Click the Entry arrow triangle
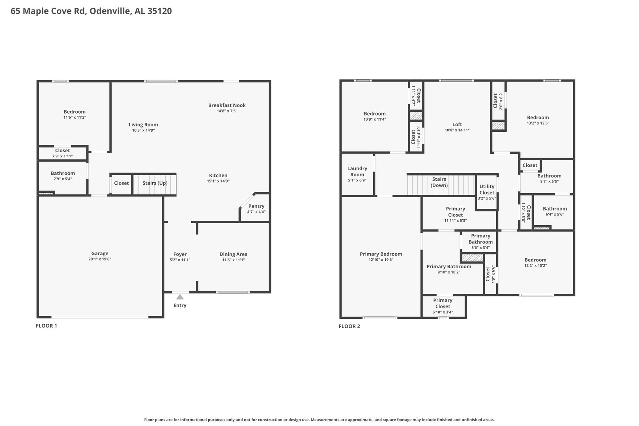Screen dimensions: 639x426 click(180, 297)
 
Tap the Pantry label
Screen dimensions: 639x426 click(256, 206)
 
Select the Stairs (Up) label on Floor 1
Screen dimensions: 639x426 click(155, 183)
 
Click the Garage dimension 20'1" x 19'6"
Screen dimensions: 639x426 click(99, 259)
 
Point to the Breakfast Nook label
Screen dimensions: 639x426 click(227, 105)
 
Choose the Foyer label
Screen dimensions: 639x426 click(180, 254)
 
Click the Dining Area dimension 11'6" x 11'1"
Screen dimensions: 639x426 click(234, 260)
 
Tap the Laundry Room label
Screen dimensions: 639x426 click(357, 172)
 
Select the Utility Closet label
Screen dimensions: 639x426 click(487, 189)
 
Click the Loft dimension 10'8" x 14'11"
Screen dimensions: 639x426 click(457, 130)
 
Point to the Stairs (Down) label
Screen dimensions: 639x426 click(439, 182)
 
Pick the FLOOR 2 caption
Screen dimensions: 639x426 click(349, 326)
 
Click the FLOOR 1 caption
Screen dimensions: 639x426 click(46, 325)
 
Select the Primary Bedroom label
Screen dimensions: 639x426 click(381, 254)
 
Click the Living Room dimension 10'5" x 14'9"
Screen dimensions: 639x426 click(143, 130)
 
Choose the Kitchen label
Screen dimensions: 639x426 click(218, 176)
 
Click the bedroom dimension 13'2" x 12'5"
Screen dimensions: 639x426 click(538, 123)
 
